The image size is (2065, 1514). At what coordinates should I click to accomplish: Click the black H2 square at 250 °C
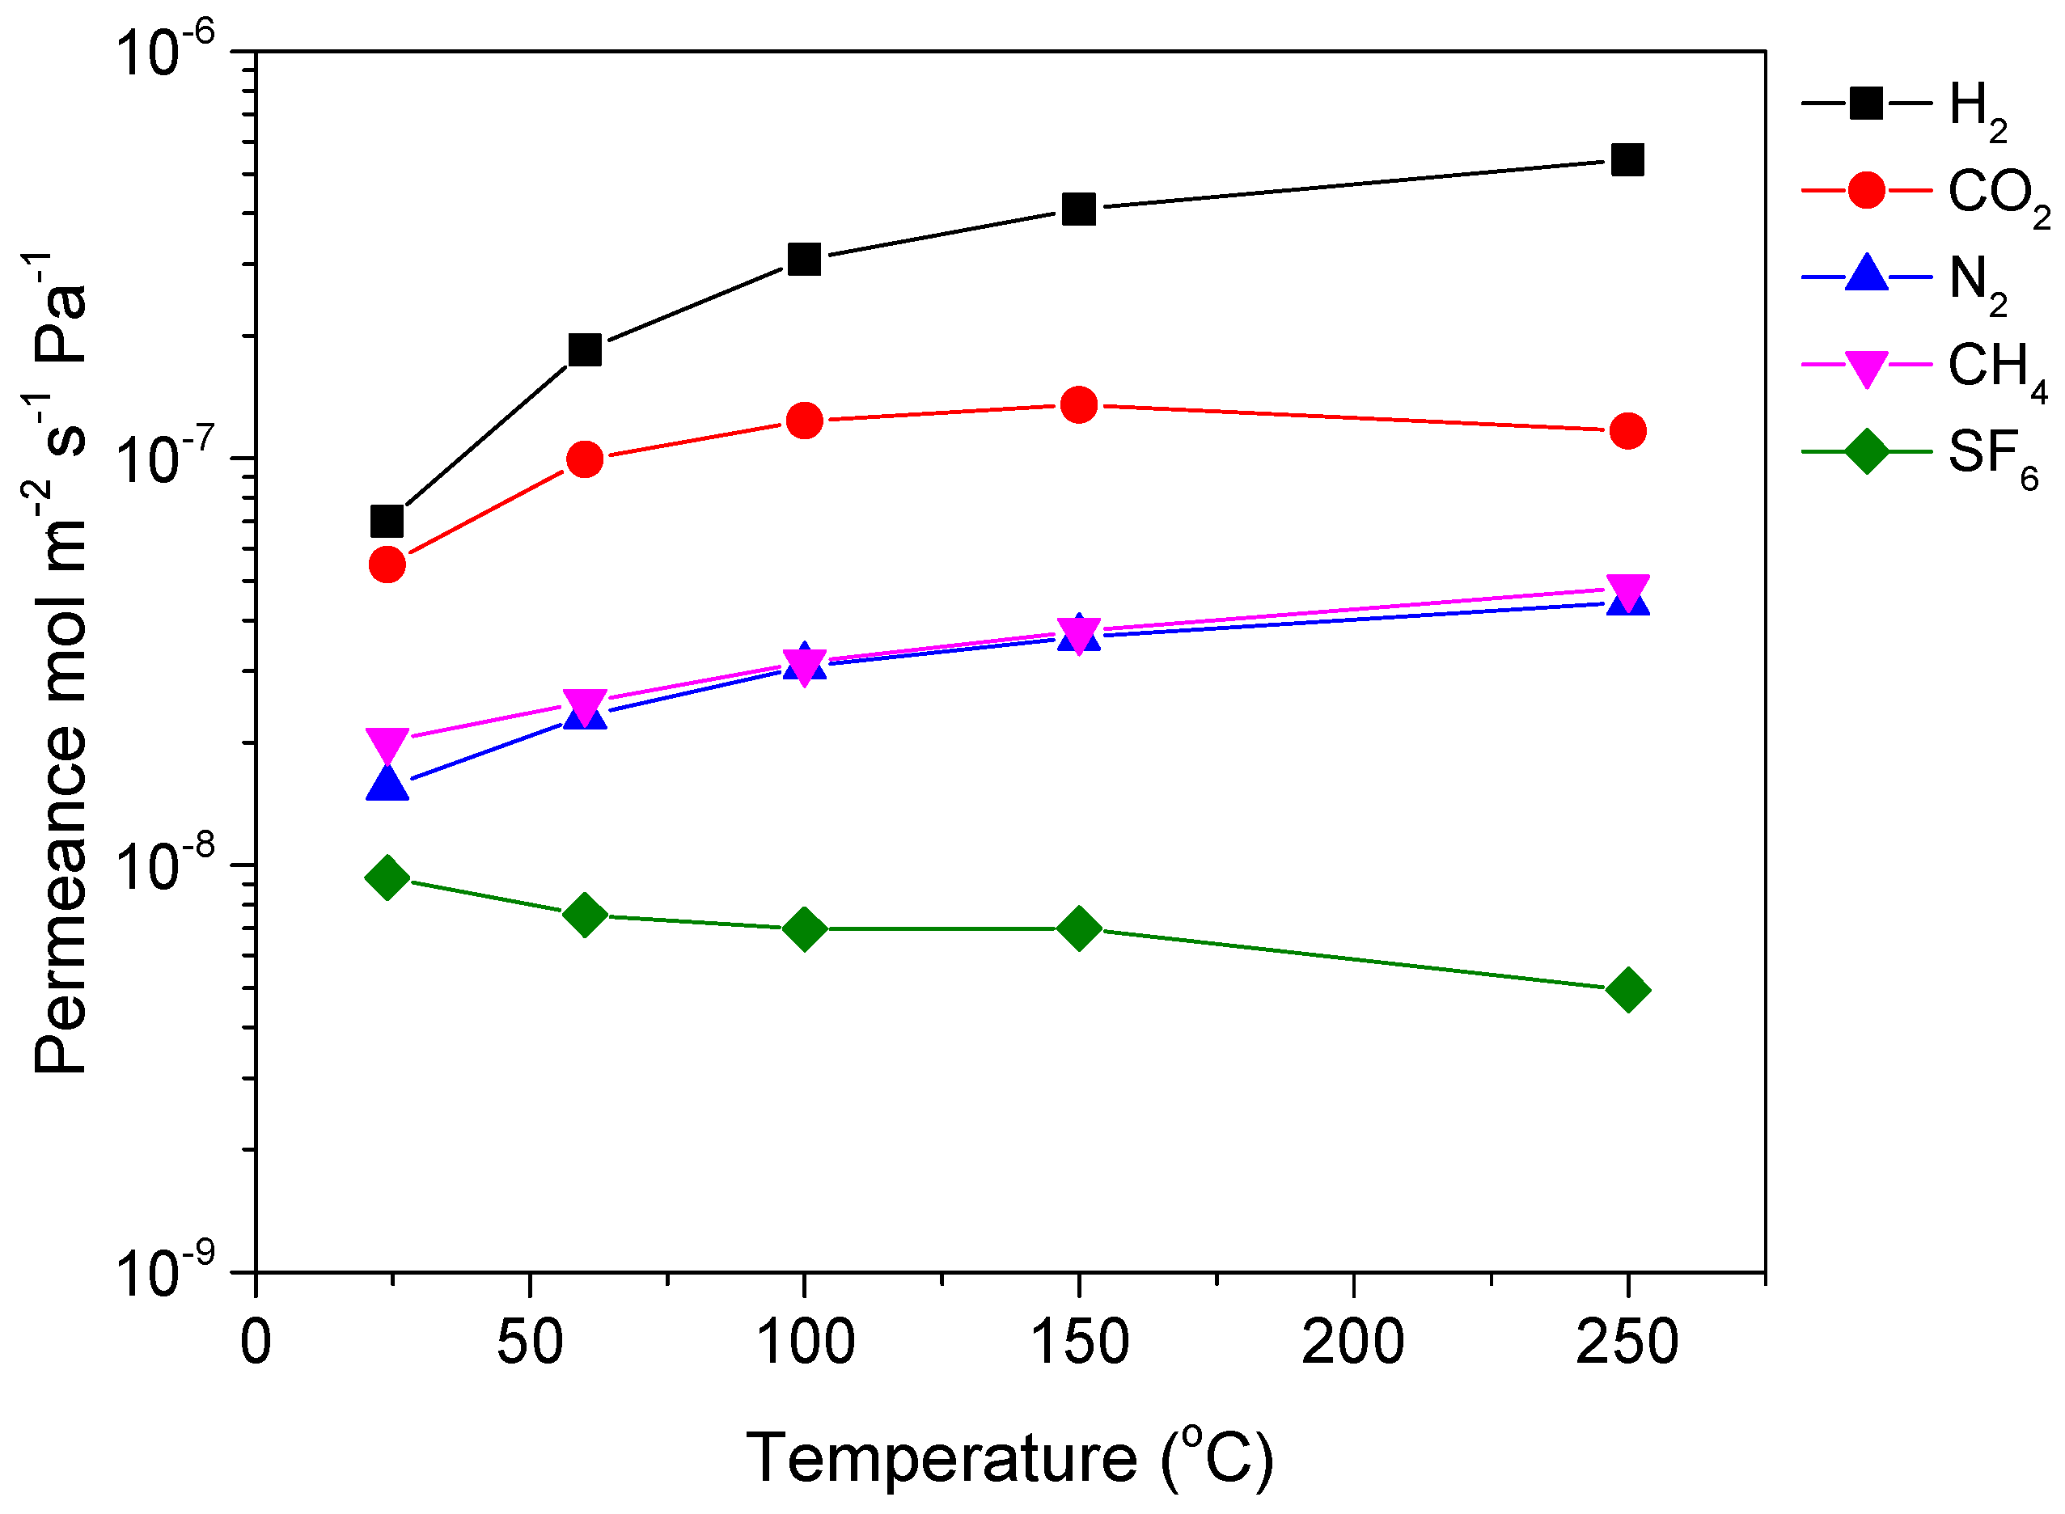pyautogui.click(x=1627, y=160)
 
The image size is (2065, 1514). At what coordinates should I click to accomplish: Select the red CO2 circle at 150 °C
pyautogui.click(x=1079, y=404)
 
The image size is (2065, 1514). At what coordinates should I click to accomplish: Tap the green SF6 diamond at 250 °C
pyautogui.click(x=1627, y=990)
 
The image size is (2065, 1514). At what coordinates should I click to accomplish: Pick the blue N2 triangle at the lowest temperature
pyautogui.click(x=387, y=784)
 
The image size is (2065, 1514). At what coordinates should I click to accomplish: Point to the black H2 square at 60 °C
pyautogui.click(x=585, y=349)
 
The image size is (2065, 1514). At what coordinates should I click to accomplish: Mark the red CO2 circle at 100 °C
pyautogui.click(x=804, y=421)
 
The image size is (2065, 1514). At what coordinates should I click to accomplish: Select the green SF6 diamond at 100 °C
pyautogui.click(x=804, y=929)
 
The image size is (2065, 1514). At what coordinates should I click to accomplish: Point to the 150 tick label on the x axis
pyautogui.click(x=1079, y=1343)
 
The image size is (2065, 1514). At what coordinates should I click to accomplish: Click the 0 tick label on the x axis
pyautogui.click(x=256, y=1343)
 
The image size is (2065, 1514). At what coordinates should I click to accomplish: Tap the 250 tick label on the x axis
pyautogui.click(x=1627, y=1343)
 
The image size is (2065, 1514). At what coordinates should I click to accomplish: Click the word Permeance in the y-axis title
pyautogui.click(x=61, y=899)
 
